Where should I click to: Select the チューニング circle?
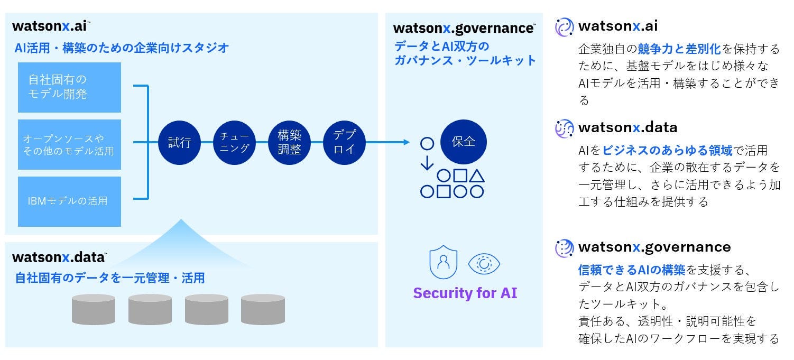234,143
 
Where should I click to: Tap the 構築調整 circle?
289,143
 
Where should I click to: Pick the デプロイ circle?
344,143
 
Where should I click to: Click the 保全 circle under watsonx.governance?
464,142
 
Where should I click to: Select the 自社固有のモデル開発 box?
69,87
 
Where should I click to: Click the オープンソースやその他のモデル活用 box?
69,144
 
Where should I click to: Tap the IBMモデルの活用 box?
69,201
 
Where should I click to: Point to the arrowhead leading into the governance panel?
406,142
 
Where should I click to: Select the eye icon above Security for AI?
484,263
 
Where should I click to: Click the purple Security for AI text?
465,293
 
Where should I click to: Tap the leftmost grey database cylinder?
94,309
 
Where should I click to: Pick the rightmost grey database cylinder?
263,309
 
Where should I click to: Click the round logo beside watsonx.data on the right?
565,128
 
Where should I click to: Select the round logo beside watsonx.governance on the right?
565,247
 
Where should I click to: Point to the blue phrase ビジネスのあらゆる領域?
667,151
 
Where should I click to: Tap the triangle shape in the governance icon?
477,176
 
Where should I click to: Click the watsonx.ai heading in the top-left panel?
51,26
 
